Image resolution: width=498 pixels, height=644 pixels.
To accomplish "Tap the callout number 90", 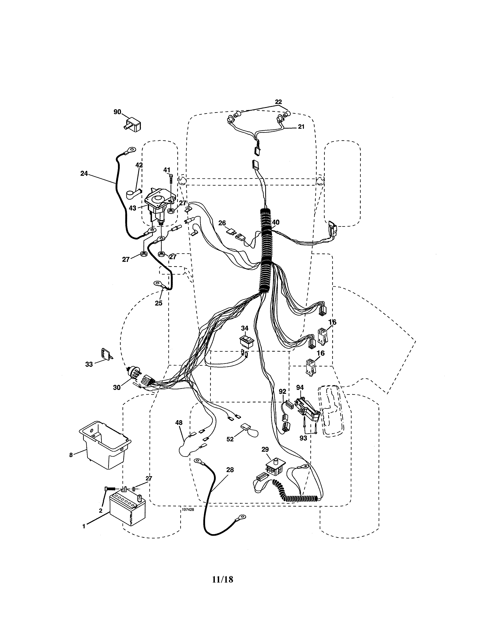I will (117, 112).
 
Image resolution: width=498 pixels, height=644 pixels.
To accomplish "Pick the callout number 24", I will (84, 174).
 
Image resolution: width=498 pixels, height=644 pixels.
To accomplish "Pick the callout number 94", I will (300, 387).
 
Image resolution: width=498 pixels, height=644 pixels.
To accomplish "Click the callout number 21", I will (301, 127).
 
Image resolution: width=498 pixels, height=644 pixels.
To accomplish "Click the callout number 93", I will (303, 438).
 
